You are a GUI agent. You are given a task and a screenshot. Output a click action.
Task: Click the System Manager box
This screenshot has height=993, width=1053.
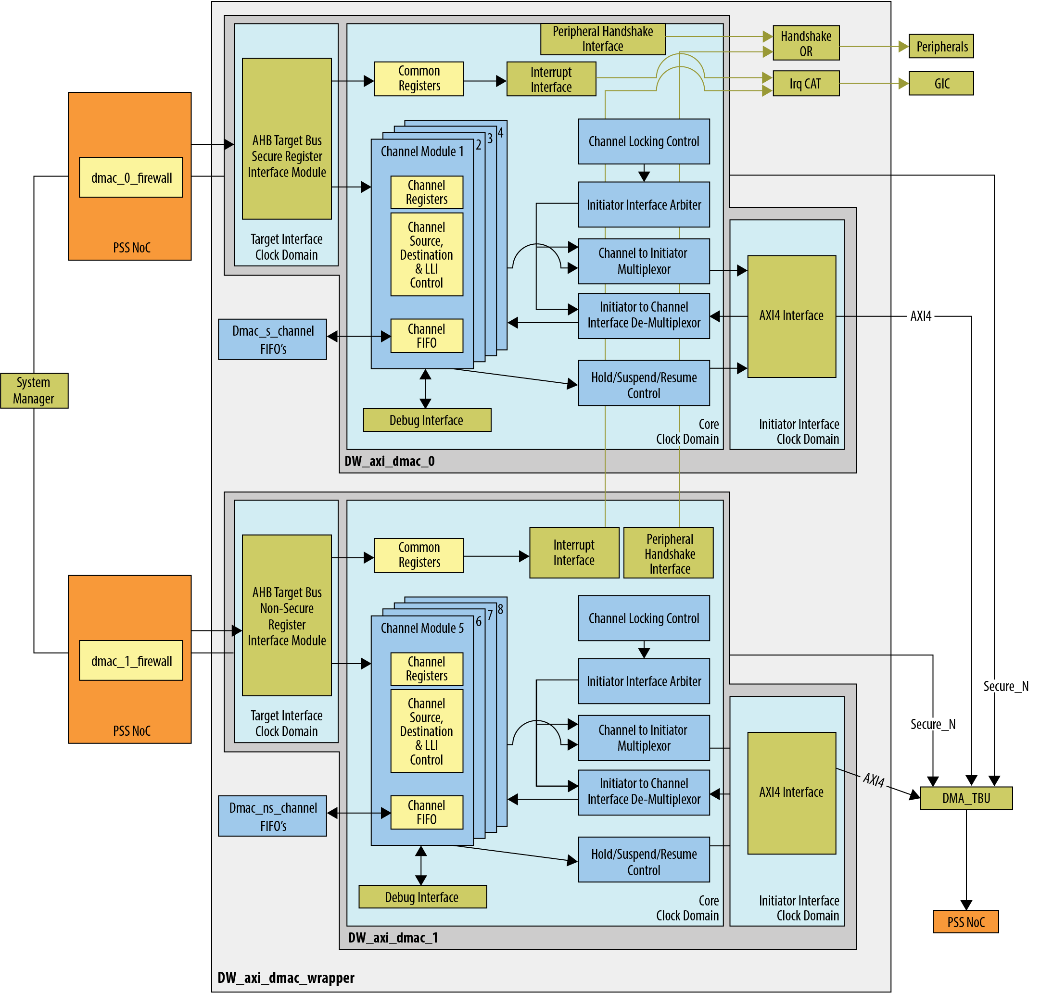34,390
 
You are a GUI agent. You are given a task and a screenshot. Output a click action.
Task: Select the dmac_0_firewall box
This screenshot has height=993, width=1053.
131,177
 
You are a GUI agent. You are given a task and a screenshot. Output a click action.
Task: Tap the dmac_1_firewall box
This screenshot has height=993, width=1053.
131,660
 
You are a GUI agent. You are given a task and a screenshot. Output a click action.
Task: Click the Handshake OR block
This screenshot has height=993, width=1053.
806,43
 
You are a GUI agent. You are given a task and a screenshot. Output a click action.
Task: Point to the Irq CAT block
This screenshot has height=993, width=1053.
806,84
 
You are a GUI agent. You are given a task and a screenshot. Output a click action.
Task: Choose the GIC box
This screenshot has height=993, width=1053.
941,84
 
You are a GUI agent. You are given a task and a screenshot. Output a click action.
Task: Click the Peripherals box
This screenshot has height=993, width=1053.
941,47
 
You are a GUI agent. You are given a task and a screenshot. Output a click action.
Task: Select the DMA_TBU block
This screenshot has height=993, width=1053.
965,798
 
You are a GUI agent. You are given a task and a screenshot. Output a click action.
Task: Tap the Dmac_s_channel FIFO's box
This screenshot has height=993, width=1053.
272,339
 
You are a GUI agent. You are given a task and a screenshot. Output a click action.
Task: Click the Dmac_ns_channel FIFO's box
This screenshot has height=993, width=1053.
272,816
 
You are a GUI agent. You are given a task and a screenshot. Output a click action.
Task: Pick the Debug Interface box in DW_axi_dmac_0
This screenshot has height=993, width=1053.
427,420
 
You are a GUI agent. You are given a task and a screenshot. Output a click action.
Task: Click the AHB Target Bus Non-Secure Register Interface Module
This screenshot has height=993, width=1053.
287,616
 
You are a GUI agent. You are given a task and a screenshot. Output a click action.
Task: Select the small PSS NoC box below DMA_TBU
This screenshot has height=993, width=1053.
965,922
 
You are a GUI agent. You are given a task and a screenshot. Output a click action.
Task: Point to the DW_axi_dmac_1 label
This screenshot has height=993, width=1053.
393,938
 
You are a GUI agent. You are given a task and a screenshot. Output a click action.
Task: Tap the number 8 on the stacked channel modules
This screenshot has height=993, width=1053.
500,609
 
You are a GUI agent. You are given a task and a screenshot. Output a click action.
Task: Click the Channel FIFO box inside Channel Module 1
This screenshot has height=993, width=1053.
426,336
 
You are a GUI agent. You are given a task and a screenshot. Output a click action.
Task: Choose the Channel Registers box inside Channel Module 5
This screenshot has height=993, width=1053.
426,669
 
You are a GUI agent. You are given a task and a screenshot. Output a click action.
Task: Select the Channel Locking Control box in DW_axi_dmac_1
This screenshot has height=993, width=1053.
644,618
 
